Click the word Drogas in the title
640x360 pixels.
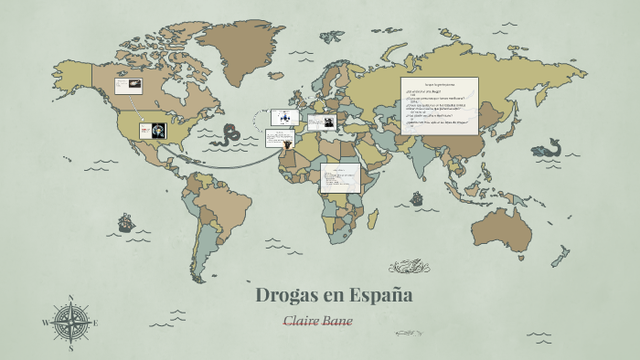[285, 296]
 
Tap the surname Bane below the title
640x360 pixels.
[337, 322]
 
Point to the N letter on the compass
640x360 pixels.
[71, 298]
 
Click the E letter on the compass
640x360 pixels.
[96, 323]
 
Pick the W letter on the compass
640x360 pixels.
[45, 323]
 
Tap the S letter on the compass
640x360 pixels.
[71, 348]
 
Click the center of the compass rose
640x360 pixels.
[71, 323]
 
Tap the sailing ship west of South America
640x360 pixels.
[125, 223]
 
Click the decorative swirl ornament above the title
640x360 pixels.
[409, 267]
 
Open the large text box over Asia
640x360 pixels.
[439, 105]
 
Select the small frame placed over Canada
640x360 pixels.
[127, 86]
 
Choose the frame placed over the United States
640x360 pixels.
[153, 131]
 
